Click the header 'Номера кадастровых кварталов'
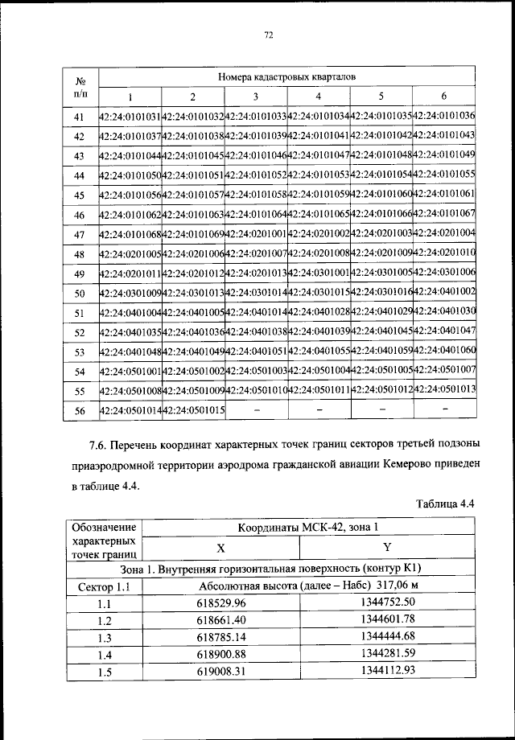tap(287, 77)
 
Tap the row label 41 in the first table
tap(79, 117)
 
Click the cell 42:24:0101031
tap(130, 117)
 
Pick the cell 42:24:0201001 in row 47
tap(256, 234)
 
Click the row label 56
tap(79, 410)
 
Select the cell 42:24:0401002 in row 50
tap(444, 292)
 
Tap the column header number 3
tap(256, 97)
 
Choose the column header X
tap(220, 548)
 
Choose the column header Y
tap(387, 548)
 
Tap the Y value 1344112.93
tap(388, 671)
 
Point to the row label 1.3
tap(104, 637)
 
